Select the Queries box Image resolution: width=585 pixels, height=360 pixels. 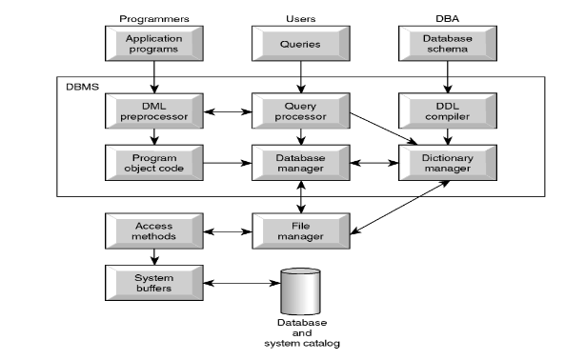click(x=300, y=42)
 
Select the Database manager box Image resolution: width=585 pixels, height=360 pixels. click(x=300, y=162)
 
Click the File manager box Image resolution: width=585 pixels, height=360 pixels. click(x=300, y=230)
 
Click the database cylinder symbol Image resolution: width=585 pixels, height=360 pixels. click(x=301, y=290)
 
